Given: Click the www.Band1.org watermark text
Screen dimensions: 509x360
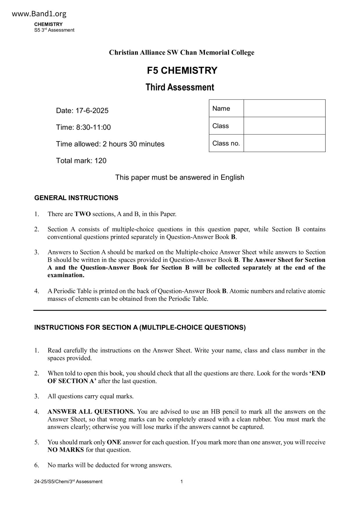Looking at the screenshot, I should (x=39, y=14).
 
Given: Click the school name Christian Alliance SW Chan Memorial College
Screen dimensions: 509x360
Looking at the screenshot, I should (x=181, y=53).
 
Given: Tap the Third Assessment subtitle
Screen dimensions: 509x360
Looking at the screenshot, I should (x=180, y=87).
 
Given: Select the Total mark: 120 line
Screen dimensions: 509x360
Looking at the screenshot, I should (x=81, y=161).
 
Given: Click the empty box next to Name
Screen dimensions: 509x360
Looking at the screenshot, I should (x=284, y=108).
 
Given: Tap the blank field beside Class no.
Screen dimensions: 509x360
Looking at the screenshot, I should (x=284, y=143).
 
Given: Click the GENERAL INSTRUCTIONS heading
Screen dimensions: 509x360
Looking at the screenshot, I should (x=76, y=198).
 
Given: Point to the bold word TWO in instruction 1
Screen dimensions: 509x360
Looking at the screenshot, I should (x=82, y=214).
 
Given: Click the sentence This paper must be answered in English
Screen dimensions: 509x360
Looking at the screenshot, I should (x=180, y=177).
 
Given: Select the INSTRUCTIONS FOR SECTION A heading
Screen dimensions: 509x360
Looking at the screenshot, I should (x=140, y=328).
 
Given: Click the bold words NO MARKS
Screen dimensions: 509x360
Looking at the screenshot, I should (x=66, y=450).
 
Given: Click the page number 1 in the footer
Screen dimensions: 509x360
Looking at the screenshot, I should (x=181, y=482).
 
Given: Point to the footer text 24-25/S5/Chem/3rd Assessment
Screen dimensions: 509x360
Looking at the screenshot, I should (x=68, y=482).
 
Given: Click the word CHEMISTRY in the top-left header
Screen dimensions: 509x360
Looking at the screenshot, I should (x=48, y=24).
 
